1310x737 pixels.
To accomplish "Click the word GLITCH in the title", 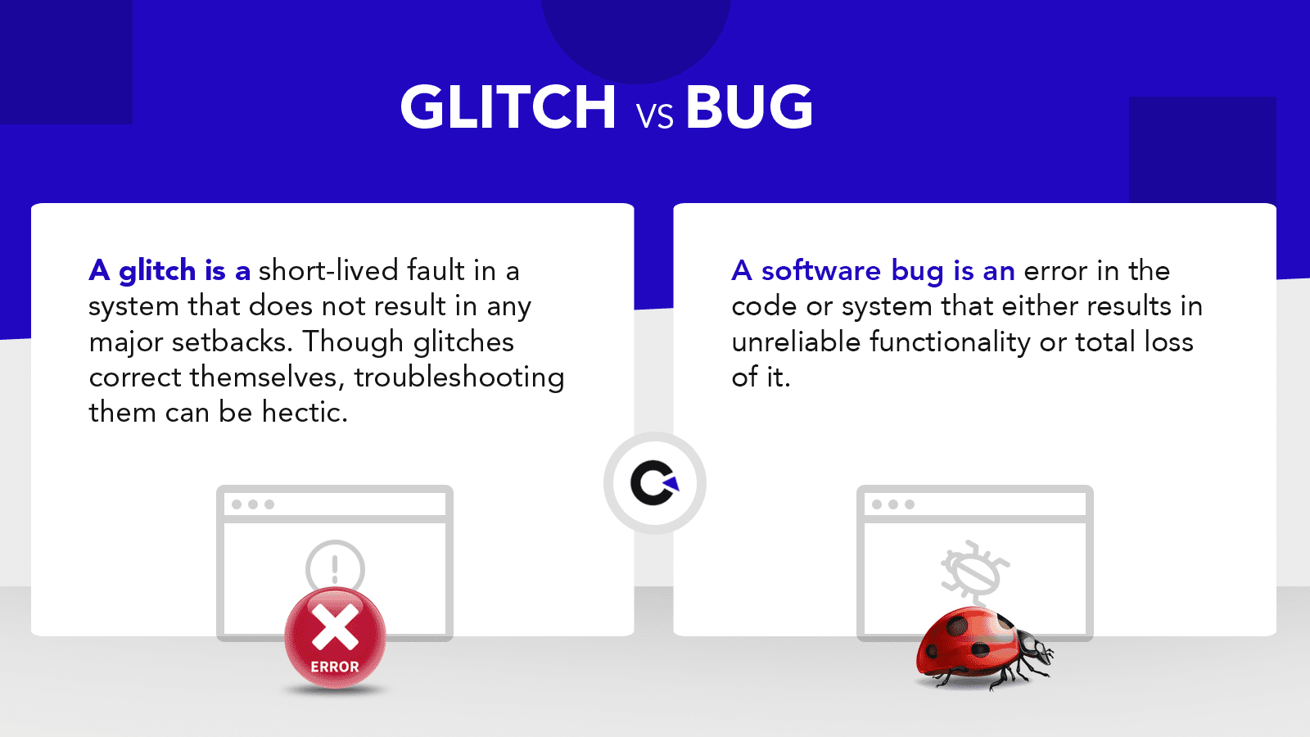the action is pyautogui.click(x=508, y=106).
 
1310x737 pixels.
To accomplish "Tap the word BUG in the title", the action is pyautogui.click(x=749, y=106).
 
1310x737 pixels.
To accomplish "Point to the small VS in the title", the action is pyautogui.click(x=655, y=115).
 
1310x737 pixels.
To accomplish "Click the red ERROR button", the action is pyautogui.click(x=335, y=638).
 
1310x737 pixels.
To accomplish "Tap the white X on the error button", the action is pyautogui.click(x=335, y=627).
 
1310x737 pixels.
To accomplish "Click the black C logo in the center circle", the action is pyautogui.click(x=654, y=483).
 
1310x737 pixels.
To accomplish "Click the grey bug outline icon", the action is pyautogui.click(x=975, y=572).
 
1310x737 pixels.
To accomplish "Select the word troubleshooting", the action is pyautogui.click(x=459, y=378).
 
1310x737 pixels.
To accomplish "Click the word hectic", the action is pyautogui.click(x=304, y=413).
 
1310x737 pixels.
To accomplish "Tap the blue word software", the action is pyautogui.click(x=821, y=271).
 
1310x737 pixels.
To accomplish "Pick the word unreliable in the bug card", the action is pyautogui.click(x=796, y=342).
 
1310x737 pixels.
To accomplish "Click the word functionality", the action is pyautogui.click(x=950, y=343).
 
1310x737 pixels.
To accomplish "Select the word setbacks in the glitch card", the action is pyautogui.click(x=233, y=342).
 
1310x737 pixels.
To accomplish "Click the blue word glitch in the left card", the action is pyautogui.click(x=157, y=272).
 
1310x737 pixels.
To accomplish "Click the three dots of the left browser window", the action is pyautogui.click(x=253, y=504).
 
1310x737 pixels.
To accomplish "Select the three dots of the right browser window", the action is pyautogui.click(x=893, y=504).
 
